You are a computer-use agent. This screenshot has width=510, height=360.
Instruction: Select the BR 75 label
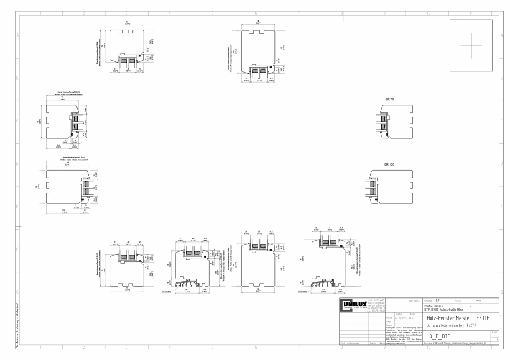click(390, 99)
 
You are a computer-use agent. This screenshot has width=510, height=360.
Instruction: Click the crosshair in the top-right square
click(471, 45)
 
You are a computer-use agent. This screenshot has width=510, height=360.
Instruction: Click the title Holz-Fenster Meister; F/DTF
click(460, 318)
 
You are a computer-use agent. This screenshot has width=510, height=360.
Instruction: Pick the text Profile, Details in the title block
click(435, 306)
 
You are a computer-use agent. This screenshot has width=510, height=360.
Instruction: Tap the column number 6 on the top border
click(256, 13)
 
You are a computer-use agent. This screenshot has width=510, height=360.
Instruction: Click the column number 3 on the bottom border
click(126, 348)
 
